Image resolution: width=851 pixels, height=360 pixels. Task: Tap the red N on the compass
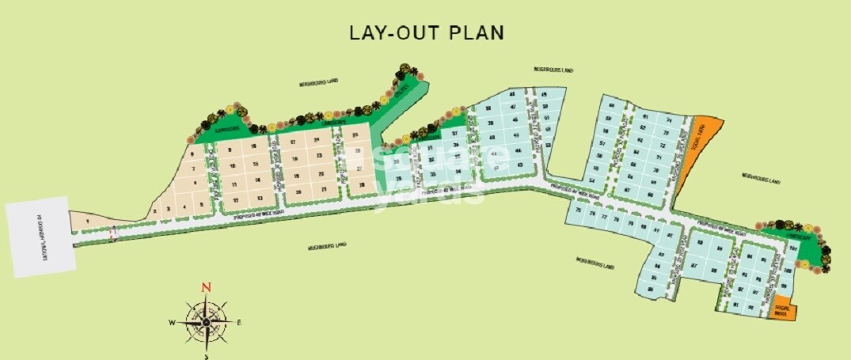coord(206,287)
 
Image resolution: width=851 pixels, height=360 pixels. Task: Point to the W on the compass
coord(172,323)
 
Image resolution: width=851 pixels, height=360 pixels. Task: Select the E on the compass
coord(239,323)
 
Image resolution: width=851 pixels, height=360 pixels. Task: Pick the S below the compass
coord(206,355)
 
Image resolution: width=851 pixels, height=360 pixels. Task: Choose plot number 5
coord(202,206)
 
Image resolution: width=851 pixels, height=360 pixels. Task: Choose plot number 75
coord(579,210)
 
